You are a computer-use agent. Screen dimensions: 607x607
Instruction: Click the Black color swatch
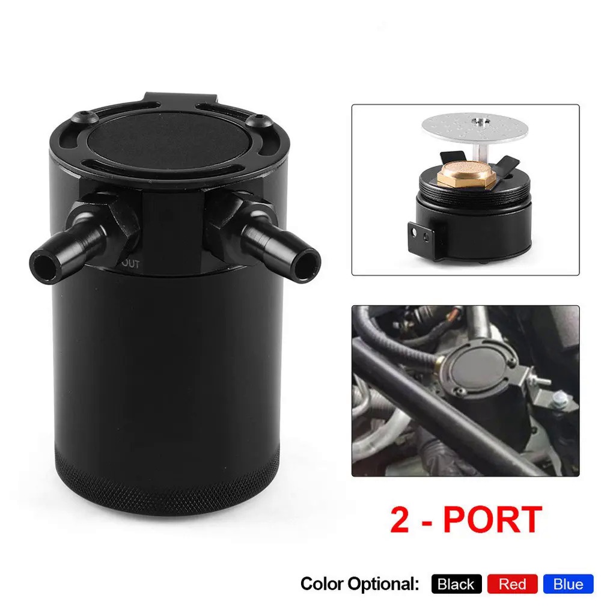(456, 584)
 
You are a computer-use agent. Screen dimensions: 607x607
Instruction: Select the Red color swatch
(512, 584)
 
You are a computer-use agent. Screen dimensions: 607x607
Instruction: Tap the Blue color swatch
(568, 584)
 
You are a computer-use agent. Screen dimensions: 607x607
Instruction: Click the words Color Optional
(359, 584)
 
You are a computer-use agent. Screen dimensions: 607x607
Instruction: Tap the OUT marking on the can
(131, 263)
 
